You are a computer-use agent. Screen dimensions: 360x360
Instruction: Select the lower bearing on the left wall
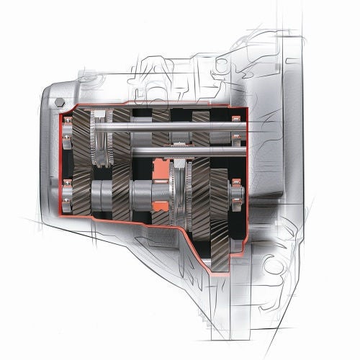[x=67, y=190]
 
